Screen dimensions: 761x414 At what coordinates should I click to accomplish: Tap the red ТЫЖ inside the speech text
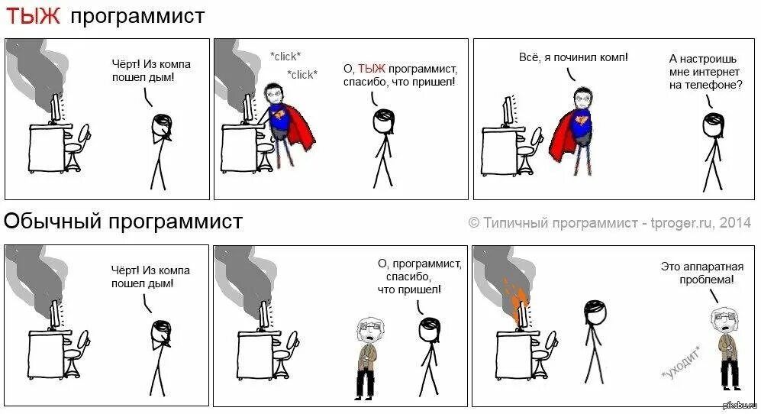pos(371,68)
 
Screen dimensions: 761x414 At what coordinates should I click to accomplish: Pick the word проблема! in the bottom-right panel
pos(707,280)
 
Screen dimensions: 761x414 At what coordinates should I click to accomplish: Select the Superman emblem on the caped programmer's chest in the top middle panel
pos(279,115)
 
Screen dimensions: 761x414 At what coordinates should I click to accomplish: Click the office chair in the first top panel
pos(76,145)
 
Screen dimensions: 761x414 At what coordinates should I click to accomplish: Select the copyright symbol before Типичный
pos(474,222)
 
